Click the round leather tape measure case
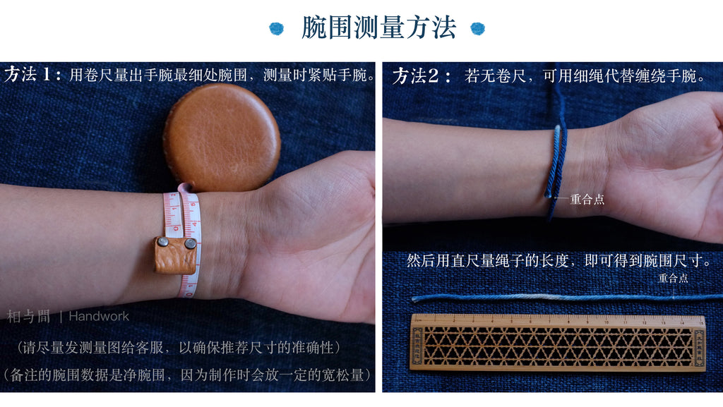(222, 137)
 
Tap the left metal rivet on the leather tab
(163, 242)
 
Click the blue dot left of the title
(277, 28)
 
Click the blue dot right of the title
(478, 28)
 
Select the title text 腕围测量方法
(378, 28)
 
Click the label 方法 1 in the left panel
(32, 74)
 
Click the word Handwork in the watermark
(99, 317)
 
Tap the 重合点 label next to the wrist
(587, 200)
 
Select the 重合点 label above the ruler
(673, 278)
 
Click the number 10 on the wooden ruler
(607, 322)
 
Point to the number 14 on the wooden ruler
(682, 322)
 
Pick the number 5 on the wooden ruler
(512, 322)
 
